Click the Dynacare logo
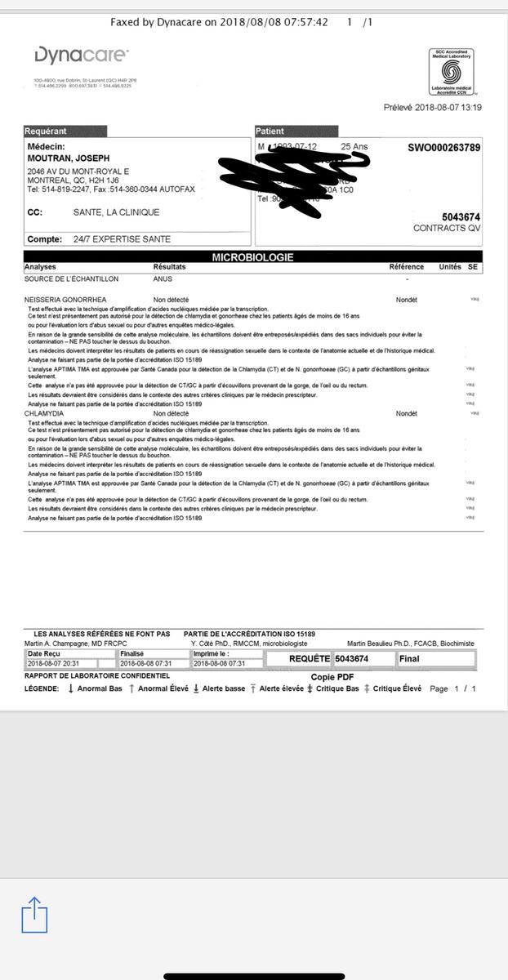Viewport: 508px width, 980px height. coord(81,56)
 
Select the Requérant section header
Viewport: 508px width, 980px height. coord(65,131)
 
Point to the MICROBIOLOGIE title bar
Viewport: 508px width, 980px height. coord(253,257)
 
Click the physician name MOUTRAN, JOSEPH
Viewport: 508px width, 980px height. coord(68,158)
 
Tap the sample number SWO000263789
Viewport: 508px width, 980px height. coord(443,148)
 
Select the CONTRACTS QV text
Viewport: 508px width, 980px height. coord(447,229)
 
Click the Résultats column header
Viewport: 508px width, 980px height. coord(170,267)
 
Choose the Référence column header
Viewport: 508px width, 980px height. coord(406,267)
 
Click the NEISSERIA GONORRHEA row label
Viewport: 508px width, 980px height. coord(65,300)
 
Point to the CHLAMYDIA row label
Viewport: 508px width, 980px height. coord(44,414)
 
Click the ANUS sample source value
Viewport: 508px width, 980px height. coord(163,278)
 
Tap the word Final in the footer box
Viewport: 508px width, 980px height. coord(409,658)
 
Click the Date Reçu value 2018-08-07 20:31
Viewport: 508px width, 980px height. coord(54,663)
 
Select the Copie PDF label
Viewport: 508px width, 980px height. coord(332,677)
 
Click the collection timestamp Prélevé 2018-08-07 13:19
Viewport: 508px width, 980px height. coord(432,108)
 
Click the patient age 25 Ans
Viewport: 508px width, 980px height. coord(354,147)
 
